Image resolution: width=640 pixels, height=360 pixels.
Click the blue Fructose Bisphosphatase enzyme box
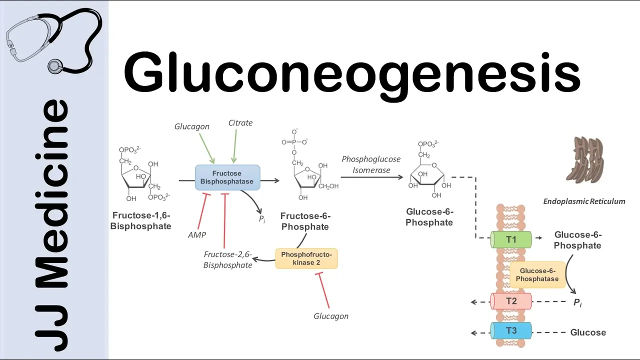(x=227, y=177)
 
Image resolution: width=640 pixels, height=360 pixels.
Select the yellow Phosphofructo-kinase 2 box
(x=306, y=258)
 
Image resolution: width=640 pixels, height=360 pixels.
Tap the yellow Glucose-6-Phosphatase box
(x=537, y=274)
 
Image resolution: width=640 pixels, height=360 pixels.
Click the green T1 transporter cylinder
(x=511, y=239)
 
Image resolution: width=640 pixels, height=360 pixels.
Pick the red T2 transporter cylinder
(x=511, y=301)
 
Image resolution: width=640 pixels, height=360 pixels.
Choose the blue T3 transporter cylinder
(x=511, y=331)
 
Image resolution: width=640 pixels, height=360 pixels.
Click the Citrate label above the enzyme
(x=240, y=123)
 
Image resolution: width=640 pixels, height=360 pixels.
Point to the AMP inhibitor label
(x=197, y=234)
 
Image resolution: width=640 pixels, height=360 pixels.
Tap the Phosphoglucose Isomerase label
(x=371, y=164)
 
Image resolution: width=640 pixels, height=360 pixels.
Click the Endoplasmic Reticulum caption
(x=584, y=201)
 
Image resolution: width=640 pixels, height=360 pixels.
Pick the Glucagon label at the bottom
(x=330, y=316)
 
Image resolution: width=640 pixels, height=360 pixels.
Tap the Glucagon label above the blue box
(x=192, y=127)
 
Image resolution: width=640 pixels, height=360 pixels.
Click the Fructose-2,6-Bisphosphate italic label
(x=227, y=259)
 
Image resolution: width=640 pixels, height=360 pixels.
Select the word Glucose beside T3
(x=588, y=332)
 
